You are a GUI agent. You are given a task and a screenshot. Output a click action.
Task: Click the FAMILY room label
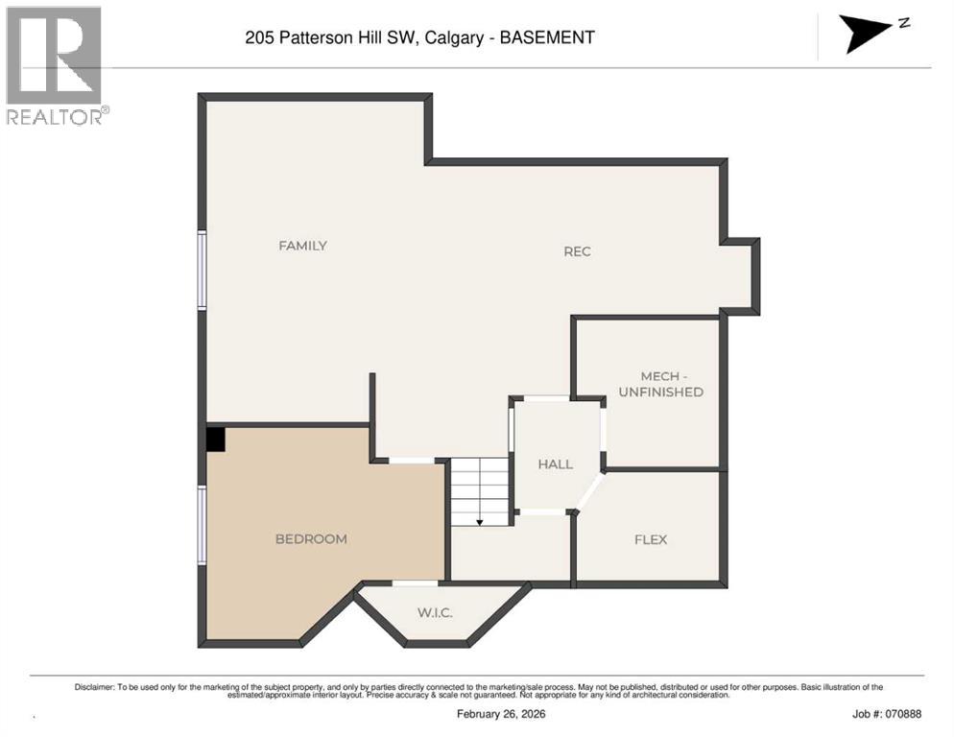click(x=302, y=246)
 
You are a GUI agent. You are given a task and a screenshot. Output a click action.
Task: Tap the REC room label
click(x=577, y=251)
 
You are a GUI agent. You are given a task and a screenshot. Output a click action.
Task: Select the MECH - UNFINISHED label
click(x=660, y=384)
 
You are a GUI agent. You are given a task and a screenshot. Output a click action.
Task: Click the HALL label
click(x=555, y=464)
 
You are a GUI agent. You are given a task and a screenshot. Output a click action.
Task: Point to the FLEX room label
click(x=650, y=539)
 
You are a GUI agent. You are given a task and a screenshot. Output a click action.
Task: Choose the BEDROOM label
click(x=311, y=539)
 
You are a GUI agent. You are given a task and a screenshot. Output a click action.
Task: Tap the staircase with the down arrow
click(x=479, y=491)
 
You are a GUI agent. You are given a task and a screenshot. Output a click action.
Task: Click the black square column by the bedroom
click(x=216, y=439)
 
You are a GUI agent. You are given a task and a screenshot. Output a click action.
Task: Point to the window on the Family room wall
click(x=203, y=270)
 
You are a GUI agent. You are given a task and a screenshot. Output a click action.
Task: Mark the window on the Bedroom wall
click(x=203, y=524)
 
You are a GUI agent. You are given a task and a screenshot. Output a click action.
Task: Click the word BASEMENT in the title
click(x=549, y=38)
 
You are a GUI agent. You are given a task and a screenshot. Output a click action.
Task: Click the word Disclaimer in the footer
click(x=94, y=687)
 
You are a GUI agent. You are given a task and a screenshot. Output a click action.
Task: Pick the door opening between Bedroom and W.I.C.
click(x=415, y=582)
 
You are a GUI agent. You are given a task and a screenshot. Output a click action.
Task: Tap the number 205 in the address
click(x=258, y=38)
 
